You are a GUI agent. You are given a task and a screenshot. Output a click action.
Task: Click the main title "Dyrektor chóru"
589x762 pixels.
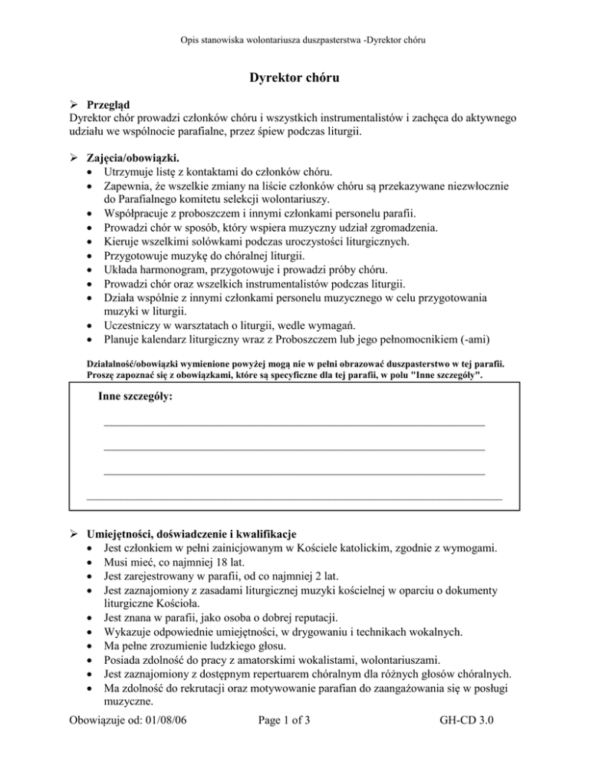pyautogui.click(x=294, y=77)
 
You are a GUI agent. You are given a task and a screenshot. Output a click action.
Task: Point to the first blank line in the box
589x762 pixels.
pyautogui.click(x=294, y=422)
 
